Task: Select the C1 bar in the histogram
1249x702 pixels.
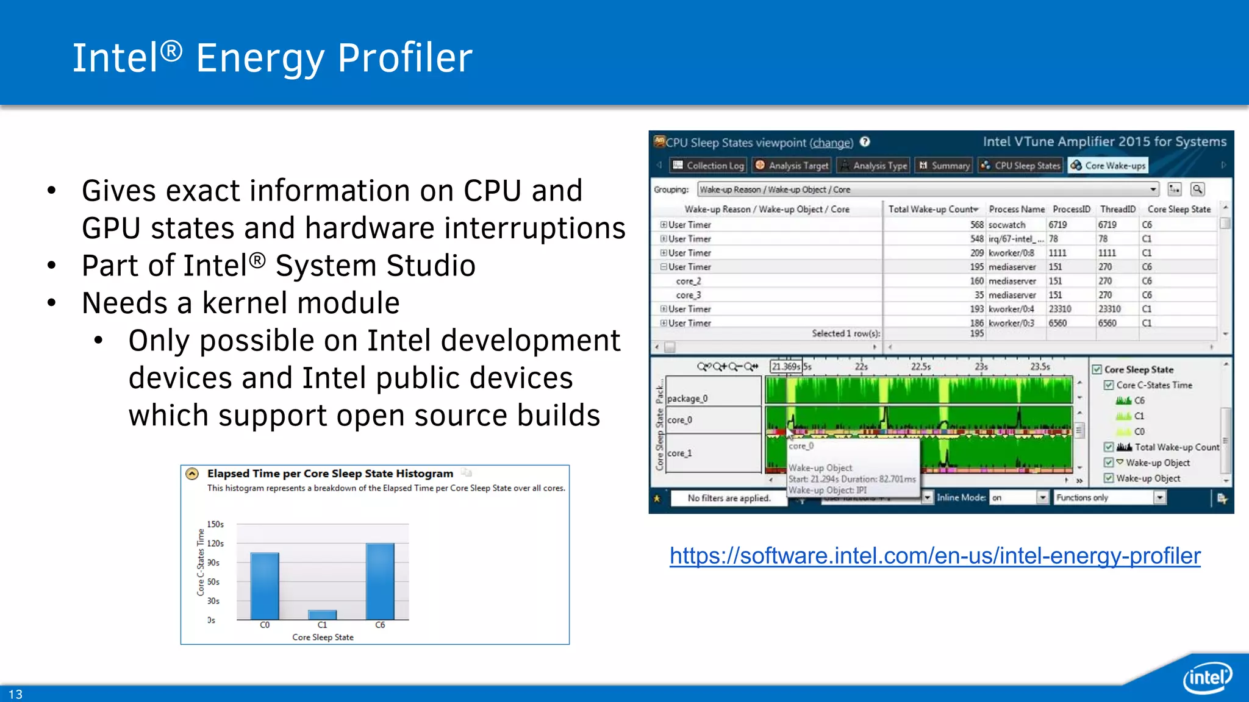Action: [x=322, y=614]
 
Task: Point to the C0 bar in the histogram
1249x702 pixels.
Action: [x=265, y=586]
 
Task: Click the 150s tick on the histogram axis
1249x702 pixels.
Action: [x=215, y=524]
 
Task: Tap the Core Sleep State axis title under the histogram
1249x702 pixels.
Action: [x=323, y=637]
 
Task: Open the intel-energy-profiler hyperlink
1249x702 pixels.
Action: [x=935, y=556]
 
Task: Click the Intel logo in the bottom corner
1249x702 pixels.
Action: [x=1207, y=677]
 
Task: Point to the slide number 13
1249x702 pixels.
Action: [x=15, y=694]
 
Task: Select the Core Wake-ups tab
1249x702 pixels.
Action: [x=1108, y=166]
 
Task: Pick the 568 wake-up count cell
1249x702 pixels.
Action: [x=976, y=225]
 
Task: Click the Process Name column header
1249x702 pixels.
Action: [x=1016, y=209]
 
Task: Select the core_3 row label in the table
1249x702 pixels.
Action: [x=689, y=295]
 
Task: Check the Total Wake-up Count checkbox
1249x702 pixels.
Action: [x=1109, y=447]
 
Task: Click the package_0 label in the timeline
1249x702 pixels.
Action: [x=687, y=399]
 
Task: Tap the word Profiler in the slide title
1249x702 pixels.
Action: [x=405, y=58]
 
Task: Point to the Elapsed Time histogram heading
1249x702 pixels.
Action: [x=330, y=473]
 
